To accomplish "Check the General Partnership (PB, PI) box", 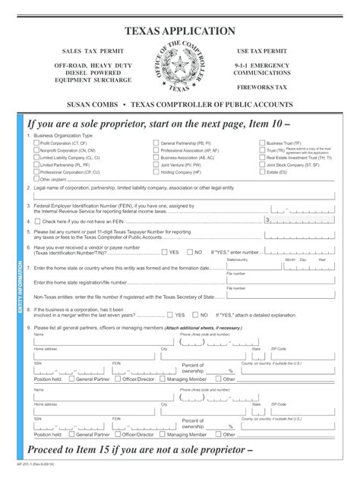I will coord(156,143).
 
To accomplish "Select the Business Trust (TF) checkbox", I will coord(261,143).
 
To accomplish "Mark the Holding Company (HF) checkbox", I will coord(156,172).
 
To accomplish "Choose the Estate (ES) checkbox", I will coord(261,172).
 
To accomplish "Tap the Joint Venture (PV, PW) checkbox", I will coord(156,165).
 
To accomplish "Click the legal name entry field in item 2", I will coord(182,196).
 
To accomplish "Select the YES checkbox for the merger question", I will coord(171,314).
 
